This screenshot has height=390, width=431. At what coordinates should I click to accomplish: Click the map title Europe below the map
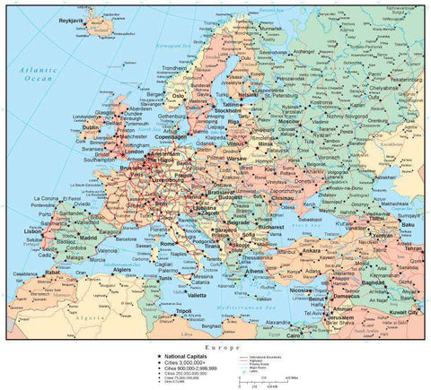215,347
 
